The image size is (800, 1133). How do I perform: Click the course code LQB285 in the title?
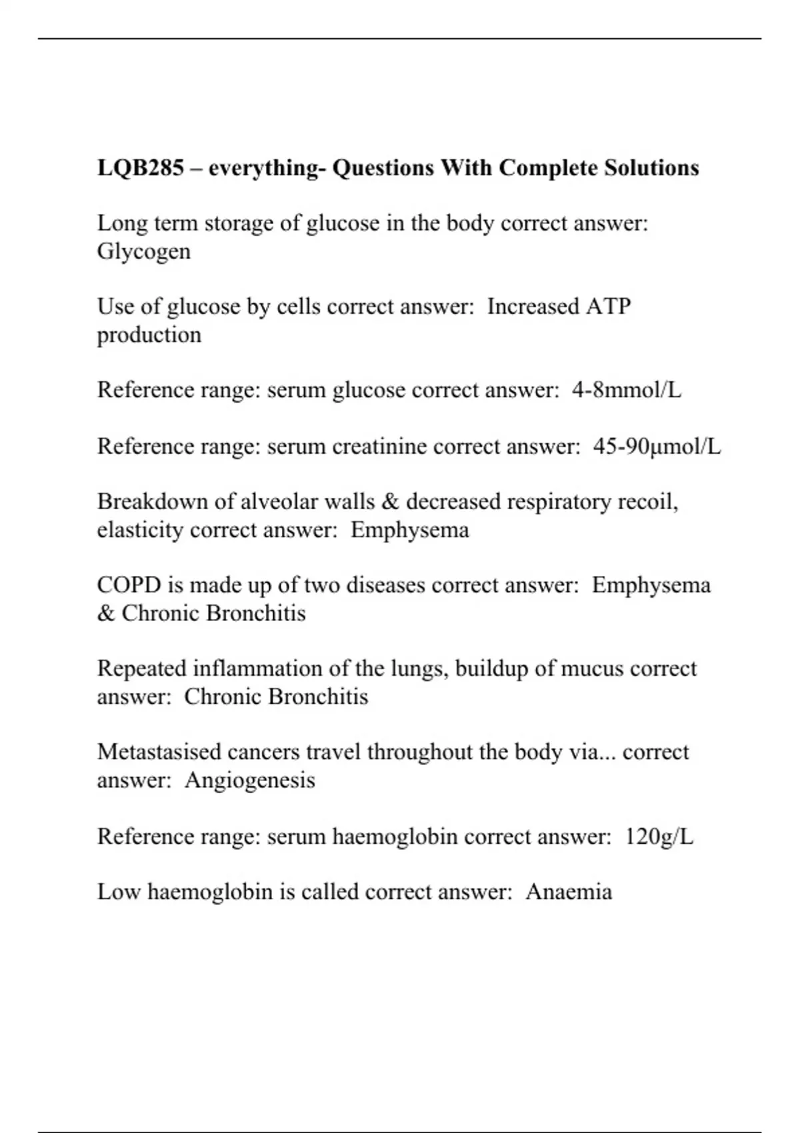click(x=140, y=167)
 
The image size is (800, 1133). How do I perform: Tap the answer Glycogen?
click(x=143, y=252)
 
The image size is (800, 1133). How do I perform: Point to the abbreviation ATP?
click(x=608, y=307)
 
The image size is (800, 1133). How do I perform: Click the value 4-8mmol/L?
click(x=626, y=390)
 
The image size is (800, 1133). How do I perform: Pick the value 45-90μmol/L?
click(x=657, y=446)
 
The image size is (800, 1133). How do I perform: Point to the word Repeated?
click(x=141, y=668)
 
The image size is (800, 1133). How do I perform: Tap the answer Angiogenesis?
click(x=249, y=780)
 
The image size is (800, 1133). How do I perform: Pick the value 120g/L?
click(x=659, y=836)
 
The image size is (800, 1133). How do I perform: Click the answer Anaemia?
click(x=568, y=892)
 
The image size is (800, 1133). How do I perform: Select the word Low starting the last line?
click(x=118, y=892)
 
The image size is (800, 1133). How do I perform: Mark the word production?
click(x=149, y=335)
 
